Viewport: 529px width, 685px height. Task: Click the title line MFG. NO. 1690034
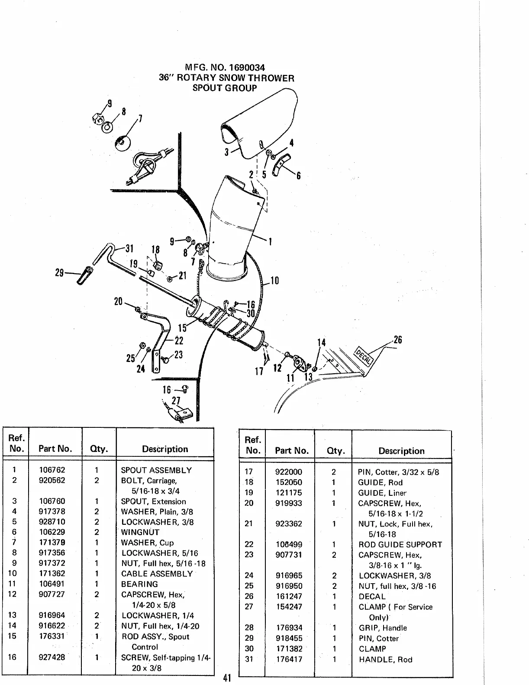click(x=225, y=68)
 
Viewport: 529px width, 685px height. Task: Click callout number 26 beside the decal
click(x=397, y=340)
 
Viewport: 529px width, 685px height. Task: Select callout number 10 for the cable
click(x=274, y=281)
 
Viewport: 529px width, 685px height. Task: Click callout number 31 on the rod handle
click(x=129, y=249)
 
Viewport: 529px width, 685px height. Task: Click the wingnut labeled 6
click(x=281, y=165)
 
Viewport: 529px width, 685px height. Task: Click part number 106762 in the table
click(x=52, y=470)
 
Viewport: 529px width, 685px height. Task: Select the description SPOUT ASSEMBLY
click(x=156, y=470)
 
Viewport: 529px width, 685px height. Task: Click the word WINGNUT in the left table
click(x=140, y=532)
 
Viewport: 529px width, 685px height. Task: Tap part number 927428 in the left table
click(x=52, y=657)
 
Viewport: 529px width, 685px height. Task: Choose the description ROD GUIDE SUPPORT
click(x=400, y=545)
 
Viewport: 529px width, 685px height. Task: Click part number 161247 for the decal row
click(x=289, y=596)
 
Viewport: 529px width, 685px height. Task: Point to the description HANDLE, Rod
click(x=385, y=659)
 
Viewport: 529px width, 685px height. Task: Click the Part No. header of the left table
click(x=55, y=449)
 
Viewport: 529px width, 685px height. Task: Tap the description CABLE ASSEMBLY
click(x=157, y=574)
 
